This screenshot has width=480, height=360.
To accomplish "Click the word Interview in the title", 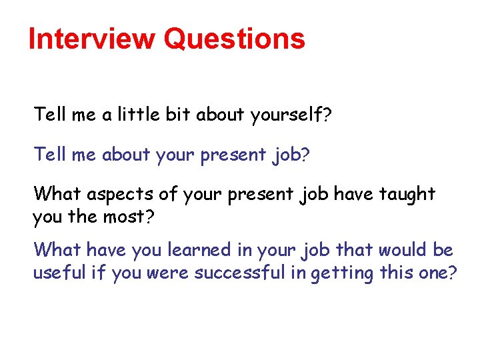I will (x=92, y=39).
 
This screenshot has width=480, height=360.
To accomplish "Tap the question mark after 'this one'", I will (x=453, y=273).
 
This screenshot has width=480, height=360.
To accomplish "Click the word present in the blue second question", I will (x=233, y=156).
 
